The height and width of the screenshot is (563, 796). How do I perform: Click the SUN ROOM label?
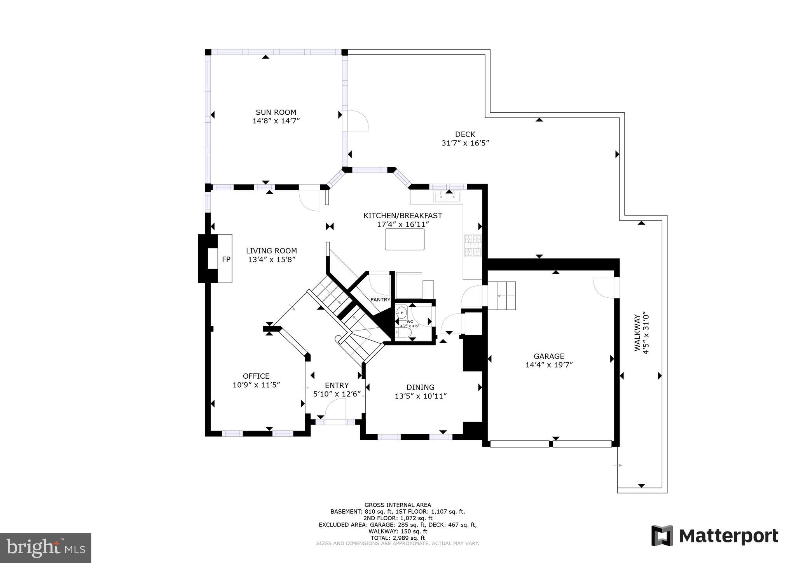276,112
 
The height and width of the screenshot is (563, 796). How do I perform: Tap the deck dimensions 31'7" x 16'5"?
465,143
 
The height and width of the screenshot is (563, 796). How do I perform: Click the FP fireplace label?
226,259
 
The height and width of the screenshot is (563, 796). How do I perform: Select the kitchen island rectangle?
405,239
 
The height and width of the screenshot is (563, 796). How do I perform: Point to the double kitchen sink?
447,197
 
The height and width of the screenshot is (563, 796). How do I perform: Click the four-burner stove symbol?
473,246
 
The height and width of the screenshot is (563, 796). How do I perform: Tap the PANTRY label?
380,299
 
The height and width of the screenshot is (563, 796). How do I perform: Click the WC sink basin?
401,312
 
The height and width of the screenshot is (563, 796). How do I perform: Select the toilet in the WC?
404,333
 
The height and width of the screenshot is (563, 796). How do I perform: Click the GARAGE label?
548,356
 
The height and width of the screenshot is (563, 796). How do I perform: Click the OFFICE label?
256,376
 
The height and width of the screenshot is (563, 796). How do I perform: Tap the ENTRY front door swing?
335,409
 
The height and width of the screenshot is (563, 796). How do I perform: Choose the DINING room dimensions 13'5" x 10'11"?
421,396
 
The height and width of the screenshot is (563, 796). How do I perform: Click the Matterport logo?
714,536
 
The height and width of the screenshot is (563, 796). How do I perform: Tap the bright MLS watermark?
45,548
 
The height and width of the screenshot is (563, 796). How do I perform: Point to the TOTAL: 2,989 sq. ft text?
397,538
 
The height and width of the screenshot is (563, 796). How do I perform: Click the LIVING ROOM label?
271,251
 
